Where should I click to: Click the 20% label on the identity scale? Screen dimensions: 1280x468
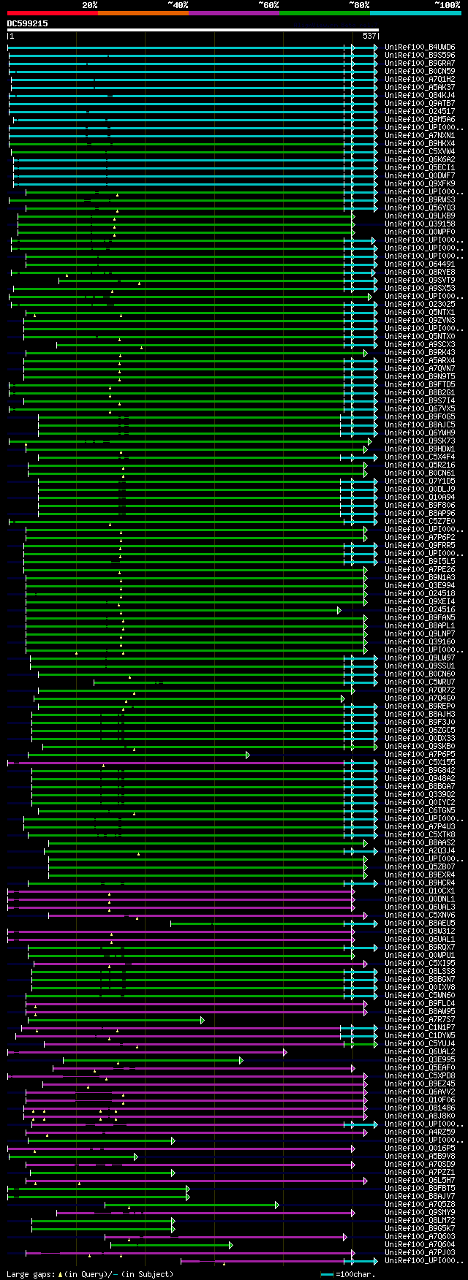click(x=89, y=4)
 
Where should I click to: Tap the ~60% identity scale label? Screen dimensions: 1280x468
click(x=268, y=4)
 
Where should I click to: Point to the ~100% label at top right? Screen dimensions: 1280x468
click(x=447, y=4)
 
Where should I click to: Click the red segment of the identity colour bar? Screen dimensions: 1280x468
click(x=52, y=12)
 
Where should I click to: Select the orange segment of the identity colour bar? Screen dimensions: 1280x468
click(x=143, y=12)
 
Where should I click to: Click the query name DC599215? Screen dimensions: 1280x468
click(x=27, y=23)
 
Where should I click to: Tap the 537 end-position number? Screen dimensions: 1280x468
click(x=369, y=36)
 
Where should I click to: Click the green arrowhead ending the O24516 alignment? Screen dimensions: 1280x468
click(x=339, y=610)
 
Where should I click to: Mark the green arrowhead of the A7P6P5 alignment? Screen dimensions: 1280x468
click(x=248, y=755)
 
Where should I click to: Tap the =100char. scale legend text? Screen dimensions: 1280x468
click(x=435, y=1273)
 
